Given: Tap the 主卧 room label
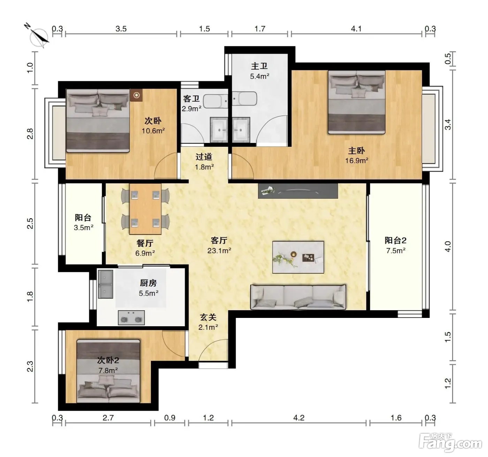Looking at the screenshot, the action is (356, 151).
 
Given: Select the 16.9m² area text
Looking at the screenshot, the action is (357, 161).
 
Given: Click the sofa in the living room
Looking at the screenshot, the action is (298, 297).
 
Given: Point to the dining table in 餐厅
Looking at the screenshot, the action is (145, 209).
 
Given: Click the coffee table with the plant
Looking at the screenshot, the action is (298, 257).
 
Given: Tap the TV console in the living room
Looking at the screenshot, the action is (298, 191).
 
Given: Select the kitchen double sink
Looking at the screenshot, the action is (105, 284).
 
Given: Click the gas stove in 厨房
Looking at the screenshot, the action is (131, 318).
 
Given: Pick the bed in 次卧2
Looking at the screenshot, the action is (108, 371).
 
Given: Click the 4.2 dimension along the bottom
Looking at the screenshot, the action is (299, 418).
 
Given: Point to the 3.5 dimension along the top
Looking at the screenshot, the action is (121, 29).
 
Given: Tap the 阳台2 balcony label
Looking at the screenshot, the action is (395, 240).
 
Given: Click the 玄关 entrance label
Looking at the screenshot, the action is (208, 317).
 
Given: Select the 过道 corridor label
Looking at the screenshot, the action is (204, 157).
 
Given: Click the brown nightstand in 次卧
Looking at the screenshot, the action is (136, 95).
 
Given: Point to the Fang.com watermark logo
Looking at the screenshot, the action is (450, 443).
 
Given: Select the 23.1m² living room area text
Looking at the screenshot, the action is (219, 251).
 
